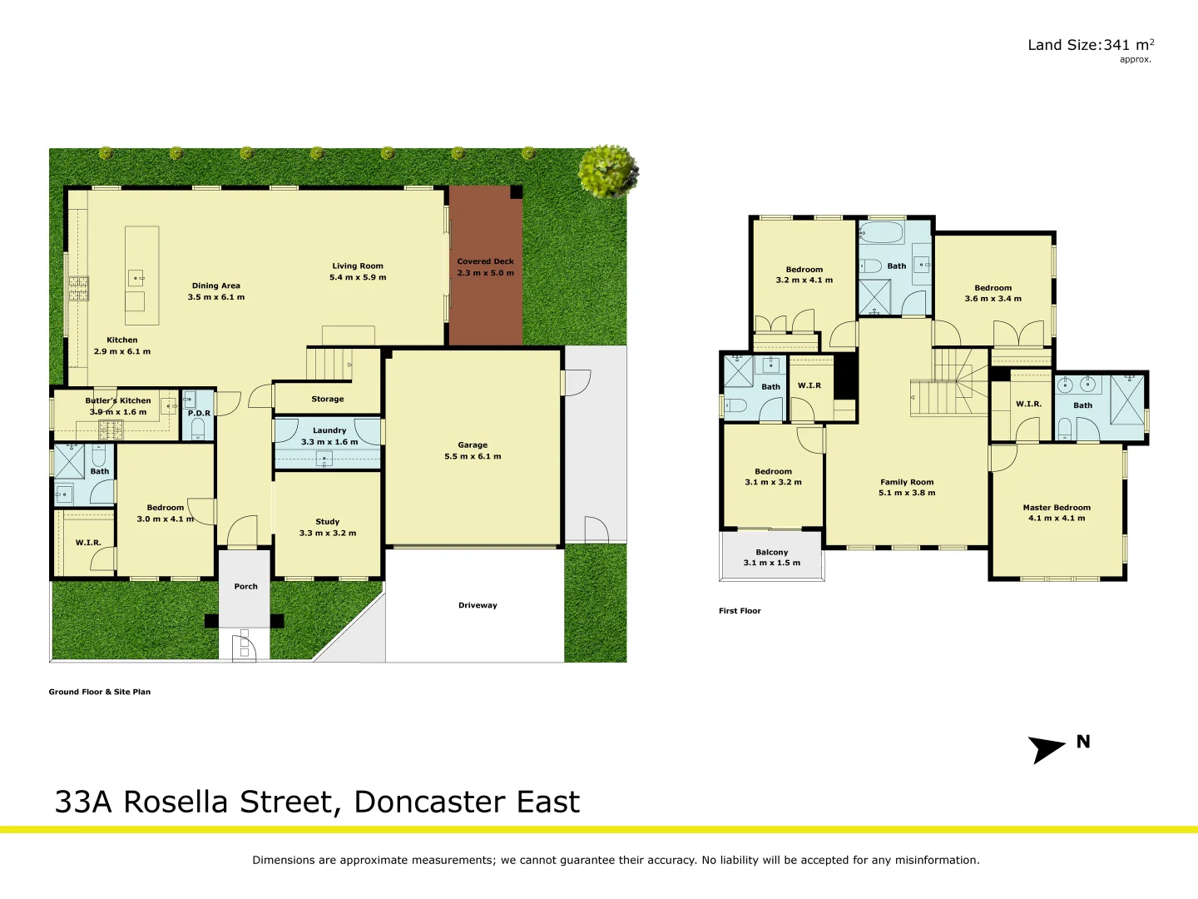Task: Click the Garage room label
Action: pyautogui.click(x=473, y=445)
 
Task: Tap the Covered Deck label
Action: pyautogui.click(x=485, y=261)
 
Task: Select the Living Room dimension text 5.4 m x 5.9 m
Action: pyautogui.click(x=358, y=278)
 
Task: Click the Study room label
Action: pyautogui.click(x=327, y=522)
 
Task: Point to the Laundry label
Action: pyautogui.click(x=329, y=430)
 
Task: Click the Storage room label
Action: pyautogui.click(x=327, y=400)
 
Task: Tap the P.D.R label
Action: pyautogui.click(x=199, y=413)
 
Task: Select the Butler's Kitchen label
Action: pyautogui.click(x=118, y=400)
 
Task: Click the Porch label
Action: pyautogui.click(x=245, y=587)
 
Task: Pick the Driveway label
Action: pyautogui.click(x=478, y=605)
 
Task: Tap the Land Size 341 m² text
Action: pyautogui.click(x=1090, y=46)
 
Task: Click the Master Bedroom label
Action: pyautogui.click(x=1057, y=508)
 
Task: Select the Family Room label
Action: pyautogui.click(x=907, y=482)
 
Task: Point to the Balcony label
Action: pyautogui.click(x=771, y=553)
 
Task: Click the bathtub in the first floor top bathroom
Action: pyautogui.click(x=881, y=231)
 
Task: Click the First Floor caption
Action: pyautogui.click(x=740, y=611)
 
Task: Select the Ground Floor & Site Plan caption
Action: pyautogui.click(x=100, y=692)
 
